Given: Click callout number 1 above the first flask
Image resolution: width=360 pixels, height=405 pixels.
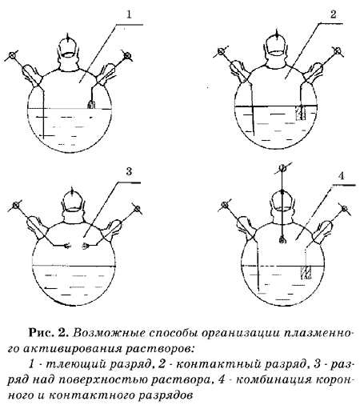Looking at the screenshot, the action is [129, 14].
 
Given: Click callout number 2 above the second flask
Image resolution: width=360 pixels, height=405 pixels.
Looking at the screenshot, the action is [334, 14].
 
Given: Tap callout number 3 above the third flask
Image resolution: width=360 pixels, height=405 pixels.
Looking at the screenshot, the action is [129, 171].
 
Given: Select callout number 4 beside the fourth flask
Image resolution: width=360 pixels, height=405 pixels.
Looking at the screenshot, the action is [341, 176].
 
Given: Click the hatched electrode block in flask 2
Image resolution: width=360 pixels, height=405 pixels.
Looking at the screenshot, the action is [300, 113].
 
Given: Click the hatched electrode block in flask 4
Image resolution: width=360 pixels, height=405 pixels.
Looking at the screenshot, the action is [306, 272].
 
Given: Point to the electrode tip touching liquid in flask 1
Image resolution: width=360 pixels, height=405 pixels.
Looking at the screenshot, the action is [91, 105].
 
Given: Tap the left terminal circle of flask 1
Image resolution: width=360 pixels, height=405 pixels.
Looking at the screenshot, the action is [12, 55].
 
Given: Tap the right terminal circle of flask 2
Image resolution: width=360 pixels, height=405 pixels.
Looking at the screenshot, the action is [338, 50].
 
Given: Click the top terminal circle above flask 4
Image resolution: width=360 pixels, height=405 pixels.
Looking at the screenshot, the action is [282, 168].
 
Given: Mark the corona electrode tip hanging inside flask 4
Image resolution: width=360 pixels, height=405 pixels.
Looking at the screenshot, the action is [282, 240].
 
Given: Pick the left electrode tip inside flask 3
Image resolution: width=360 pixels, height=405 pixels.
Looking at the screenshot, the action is [67, 246].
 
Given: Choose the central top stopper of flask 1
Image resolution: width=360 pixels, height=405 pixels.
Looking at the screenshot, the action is [68, 47].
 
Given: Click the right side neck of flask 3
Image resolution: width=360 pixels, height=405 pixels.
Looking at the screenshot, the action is [114, 227].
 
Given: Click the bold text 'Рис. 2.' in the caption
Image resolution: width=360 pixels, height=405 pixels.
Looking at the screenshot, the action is [49, 333].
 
